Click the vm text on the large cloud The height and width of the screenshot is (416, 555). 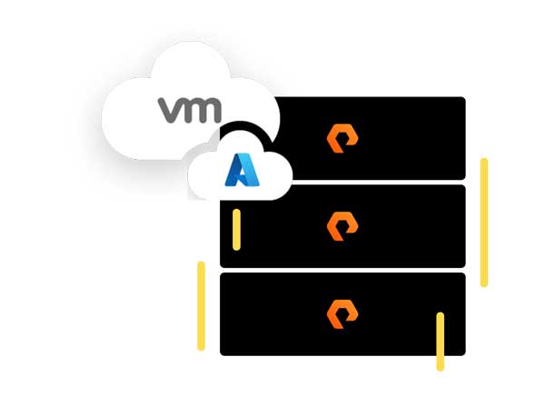tap(190, 110)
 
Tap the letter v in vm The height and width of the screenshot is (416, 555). tap(171, 110)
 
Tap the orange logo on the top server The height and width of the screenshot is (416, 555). tap(342, 139)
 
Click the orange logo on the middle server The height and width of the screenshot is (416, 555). tap(342, 226)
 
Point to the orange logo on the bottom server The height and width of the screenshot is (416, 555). tap(342, 314)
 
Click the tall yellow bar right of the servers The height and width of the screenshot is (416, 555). tap(484, 223)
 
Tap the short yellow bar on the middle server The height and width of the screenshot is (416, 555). tap(236, 229)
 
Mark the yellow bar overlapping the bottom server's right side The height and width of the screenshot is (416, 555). tap(441, 342)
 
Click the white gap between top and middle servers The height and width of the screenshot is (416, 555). tap(363, 183)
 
